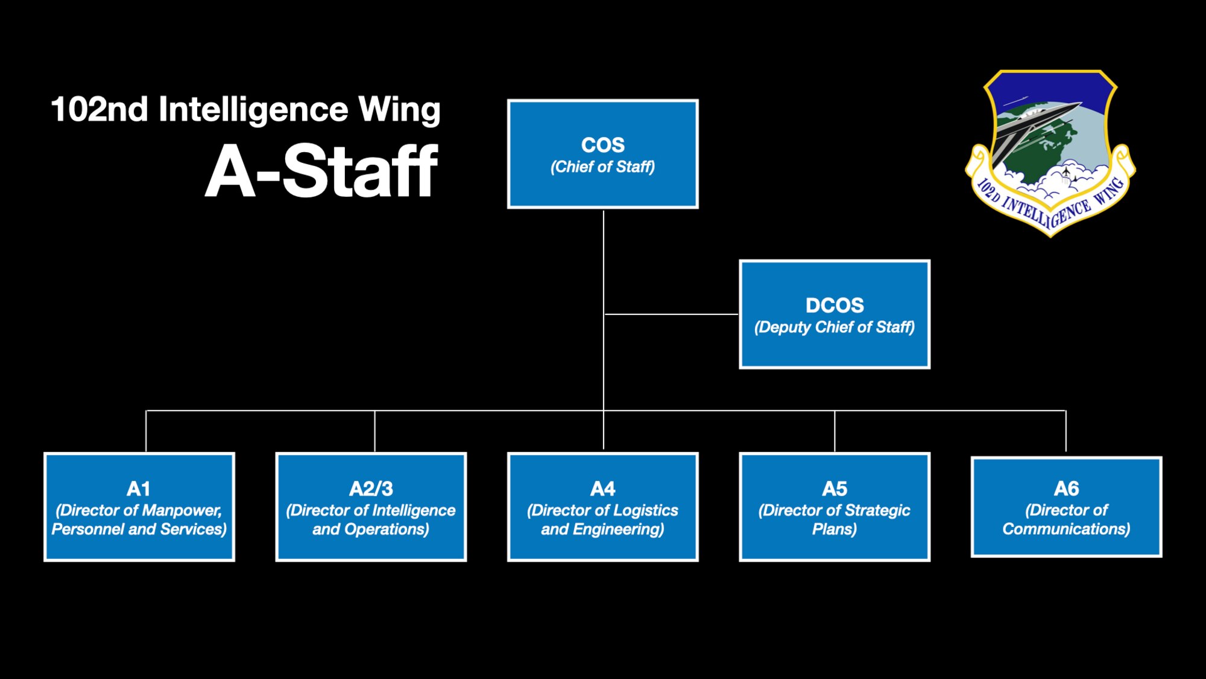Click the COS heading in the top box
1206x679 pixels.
click(602, 145)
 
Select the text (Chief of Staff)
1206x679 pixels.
click(602, 167)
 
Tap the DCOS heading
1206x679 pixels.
click(835, 305)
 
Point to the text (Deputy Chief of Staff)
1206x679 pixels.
click(835, 327)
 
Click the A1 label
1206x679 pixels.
click(139, 489)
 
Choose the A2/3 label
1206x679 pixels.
click(371, 489)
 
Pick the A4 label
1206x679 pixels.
click(602, 489)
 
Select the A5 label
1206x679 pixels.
click(835, 489)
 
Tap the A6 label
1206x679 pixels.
click(1066, 488)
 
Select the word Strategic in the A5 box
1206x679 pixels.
click(877, 511)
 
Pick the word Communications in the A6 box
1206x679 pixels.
click(1066, 529)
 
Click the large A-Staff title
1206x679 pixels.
click(321, 172)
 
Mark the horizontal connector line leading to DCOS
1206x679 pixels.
click(671, 314)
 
